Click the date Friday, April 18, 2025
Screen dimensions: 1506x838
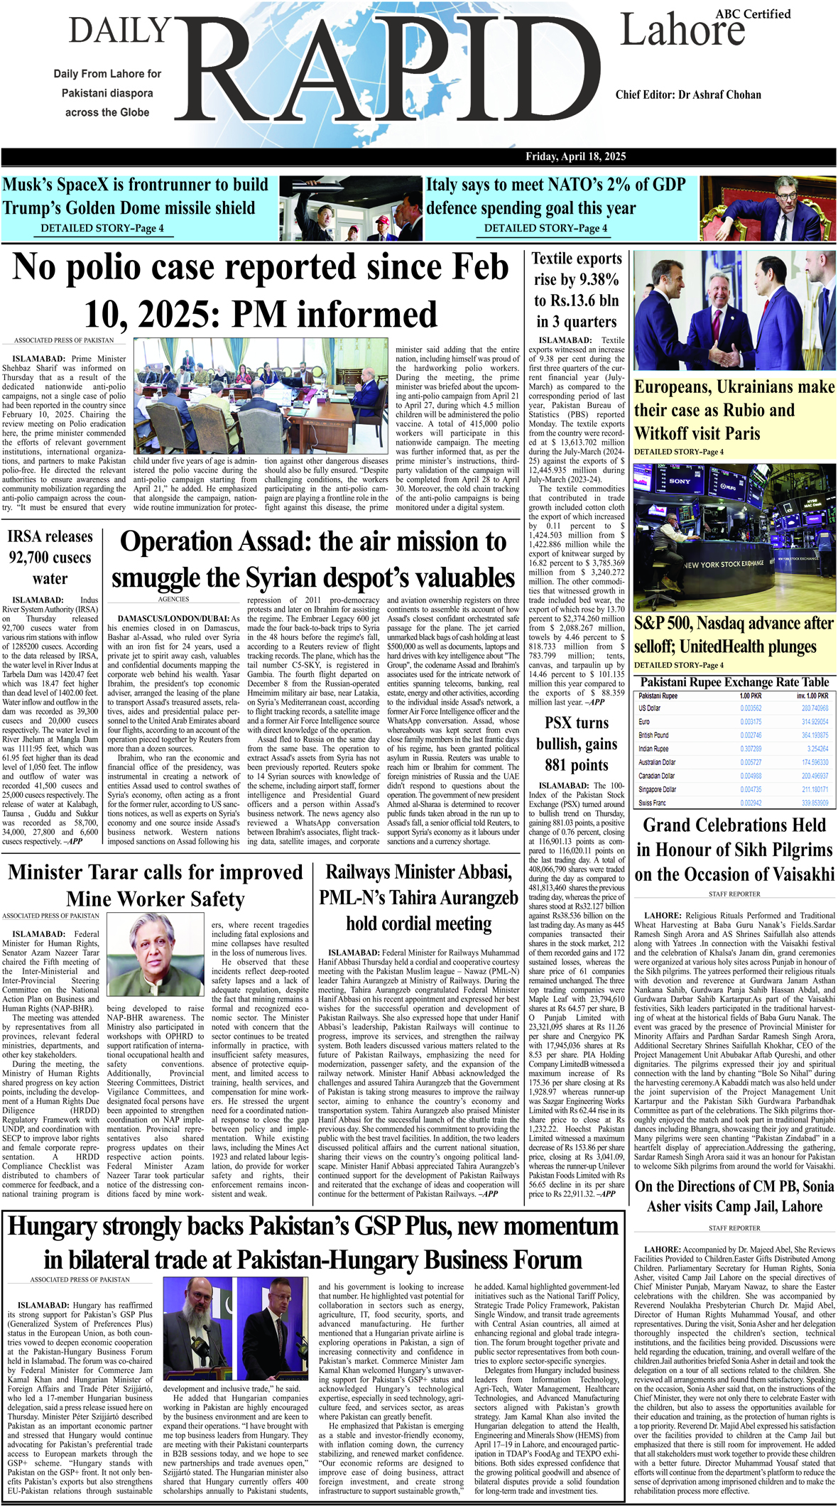[x=575, y=157]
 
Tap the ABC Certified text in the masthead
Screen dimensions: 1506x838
[x=753, y=14]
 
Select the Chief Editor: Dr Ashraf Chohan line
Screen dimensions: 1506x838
[x=688, y=94]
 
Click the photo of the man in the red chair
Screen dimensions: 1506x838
[x=766, y=208]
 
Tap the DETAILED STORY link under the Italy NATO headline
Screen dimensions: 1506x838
[x=545, y=228]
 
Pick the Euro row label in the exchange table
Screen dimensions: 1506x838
[x=644, y=721]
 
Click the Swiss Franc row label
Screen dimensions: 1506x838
[x=652, y=803]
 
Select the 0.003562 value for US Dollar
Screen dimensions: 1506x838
[x=750, y=708]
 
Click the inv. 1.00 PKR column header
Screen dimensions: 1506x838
[x=812, y=695]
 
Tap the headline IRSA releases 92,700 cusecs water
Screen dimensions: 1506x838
[x=50, y=557]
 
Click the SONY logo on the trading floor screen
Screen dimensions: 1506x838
[x=679, y=481]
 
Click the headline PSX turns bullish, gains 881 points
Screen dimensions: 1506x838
[x=576, y=744]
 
